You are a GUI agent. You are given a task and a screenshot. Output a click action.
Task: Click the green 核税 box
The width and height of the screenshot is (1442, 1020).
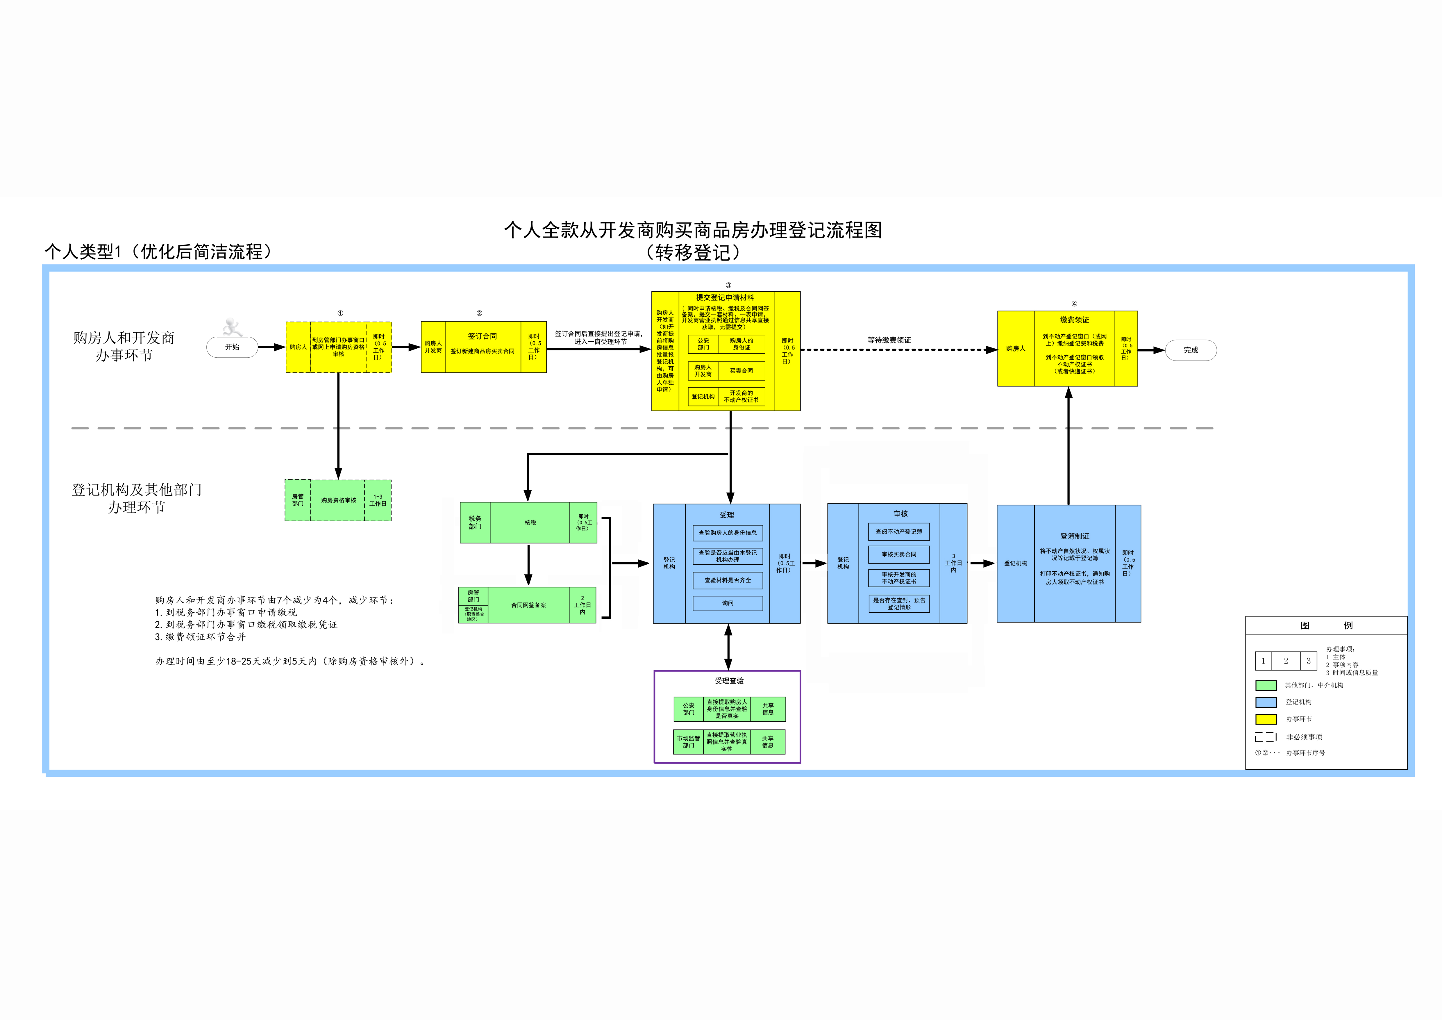point(530,523)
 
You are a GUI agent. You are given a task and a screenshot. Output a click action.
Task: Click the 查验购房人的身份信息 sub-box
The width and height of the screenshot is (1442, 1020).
point(727,533)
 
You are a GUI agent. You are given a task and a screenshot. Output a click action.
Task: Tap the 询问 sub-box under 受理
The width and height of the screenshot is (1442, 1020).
point(727,603)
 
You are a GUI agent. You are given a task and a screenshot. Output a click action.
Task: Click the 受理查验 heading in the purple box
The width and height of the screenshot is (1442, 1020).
point(728,681)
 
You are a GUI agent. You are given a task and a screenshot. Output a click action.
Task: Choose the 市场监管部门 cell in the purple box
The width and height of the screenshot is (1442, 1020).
point(688,742)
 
